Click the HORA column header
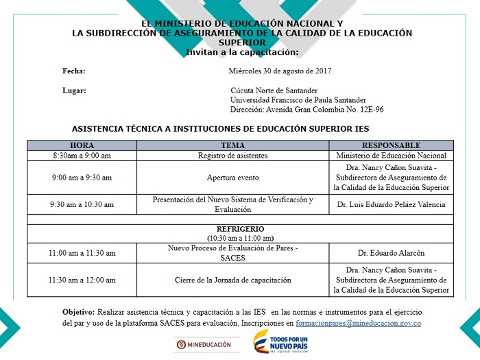[x=82, y=145]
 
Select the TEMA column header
[x=232, y=145]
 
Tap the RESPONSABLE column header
[x=391, y=145]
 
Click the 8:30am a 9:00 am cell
[x=82, y=156]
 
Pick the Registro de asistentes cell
[x=232, y=156]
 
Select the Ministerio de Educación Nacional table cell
[x=391, y=156]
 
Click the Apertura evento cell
[x=232, y=178]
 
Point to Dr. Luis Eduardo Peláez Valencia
[x=391, y=204]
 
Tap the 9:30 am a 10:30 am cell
[x=82, y=204]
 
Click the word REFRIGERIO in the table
[x=240, y=229]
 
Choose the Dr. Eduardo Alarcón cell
[x=391, y=253]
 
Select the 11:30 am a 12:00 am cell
[x=82, y=280]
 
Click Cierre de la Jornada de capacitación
[x=232, y=280]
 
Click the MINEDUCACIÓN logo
[x=204, y=345]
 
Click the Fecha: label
[x=73, y=71]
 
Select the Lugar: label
[x=74, y=90]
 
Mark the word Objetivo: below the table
[x=78, y=311]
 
